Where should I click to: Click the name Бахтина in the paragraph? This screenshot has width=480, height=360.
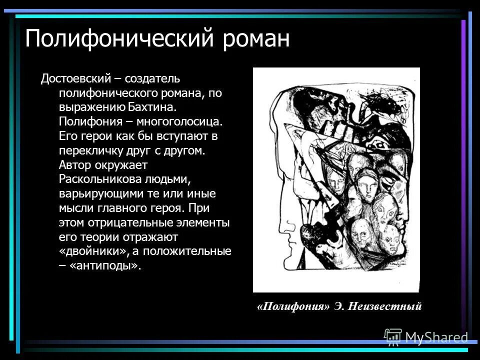click(x=152, y=107)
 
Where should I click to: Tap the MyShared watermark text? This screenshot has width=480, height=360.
click(x=436, y=338)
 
